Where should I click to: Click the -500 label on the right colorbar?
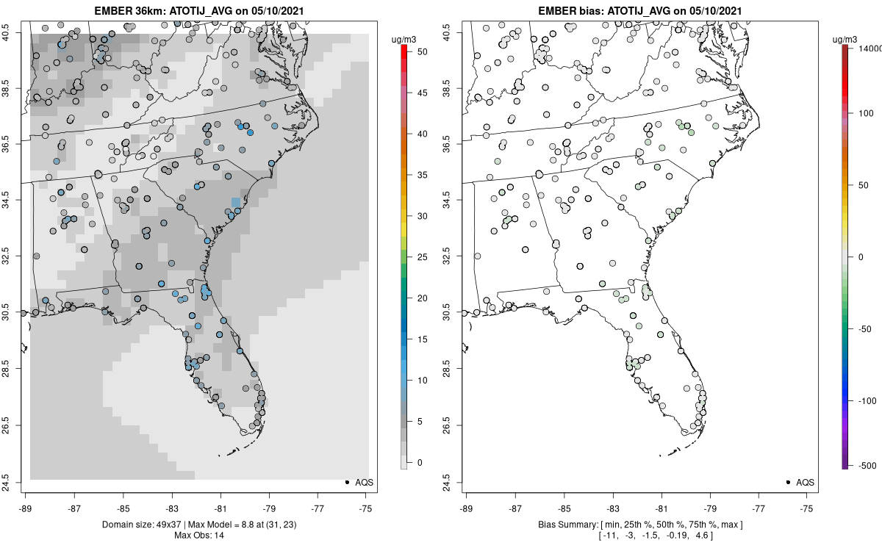[864, 466]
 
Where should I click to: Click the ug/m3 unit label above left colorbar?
[404, 37]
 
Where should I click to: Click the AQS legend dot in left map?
[346, 482]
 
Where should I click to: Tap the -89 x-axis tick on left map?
[26, 508]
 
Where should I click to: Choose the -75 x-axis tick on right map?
[807, 508]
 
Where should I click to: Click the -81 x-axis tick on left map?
[220, 508]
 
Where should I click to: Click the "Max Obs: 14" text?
[198, 535]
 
